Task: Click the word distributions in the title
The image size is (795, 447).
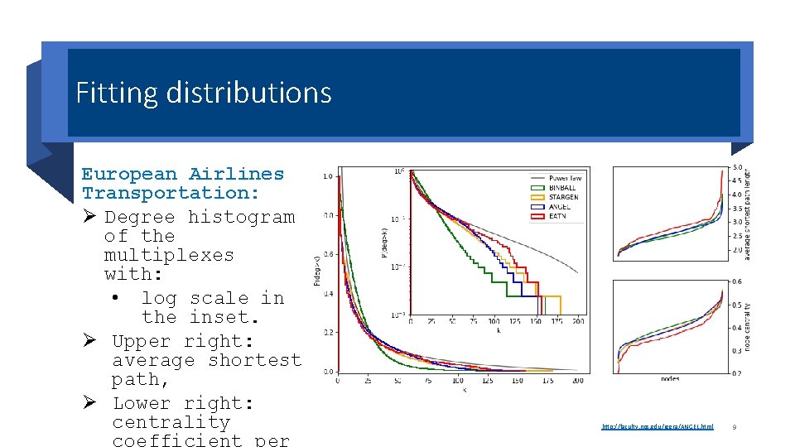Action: [248, 93]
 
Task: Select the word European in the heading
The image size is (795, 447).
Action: [128, 174]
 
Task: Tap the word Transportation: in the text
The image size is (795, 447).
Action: [170, 193]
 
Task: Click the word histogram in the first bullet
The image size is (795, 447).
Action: [241, 217]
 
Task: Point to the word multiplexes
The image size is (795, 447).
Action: [169, 255]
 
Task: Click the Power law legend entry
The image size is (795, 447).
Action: [565, 178]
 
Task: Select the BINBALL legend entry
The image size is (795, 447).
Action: [562, 188]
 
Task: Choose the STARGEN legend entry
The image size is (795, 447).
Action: [563, 198]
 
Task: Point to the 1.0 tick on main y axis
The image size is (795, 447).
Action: [327, 176]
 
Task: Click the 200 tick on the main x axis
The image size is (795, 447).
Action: [578, 382]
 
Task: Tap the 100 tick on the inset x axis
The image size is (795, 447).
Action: [494, 321]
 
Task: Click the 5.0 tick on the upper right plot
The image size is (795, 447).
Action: [736, 167]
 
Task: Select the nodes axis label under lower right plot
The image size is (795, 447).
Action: [670, 378]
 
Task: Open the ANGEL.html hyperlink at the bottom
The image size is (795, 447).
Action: [658, 426]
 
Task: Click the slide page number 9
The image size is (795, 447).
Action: [735, 427]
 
